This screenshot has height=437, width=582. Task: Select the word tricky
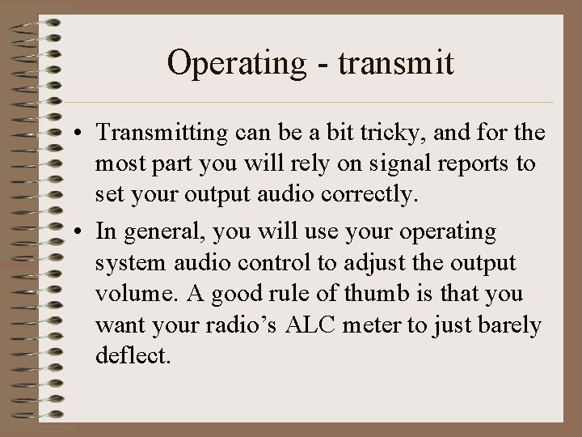tap(385, 134)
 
